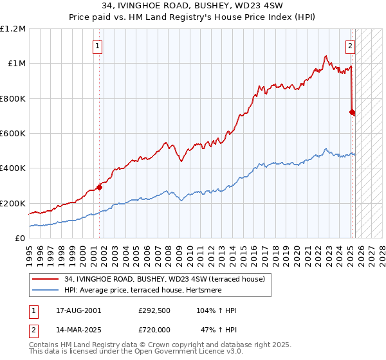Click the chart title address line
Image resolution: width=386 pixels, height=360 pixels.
pos(193,5)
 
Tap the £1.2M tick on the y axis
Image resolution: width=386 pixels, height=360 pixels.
pos(13,29)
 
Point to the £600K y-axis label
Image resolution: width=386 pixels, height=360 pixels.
pos(13,134)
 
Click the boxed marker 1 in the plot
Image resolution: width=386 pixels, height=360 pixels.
pos(97,46)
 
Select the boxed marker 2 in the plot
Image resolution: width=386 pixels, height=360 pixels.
pos(351,46)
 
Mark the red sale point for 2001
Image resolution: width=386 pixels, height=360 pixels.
pos(100,187)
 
